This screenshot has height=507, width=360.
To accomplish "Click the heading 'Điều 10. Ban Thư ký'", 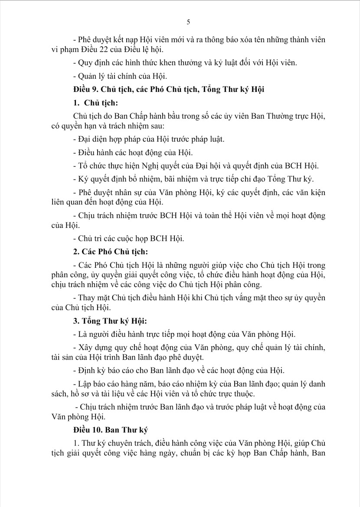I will point(111,430).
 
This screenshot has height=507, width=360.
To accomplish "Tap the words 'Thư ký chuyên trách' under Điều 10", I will point(110,443).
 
